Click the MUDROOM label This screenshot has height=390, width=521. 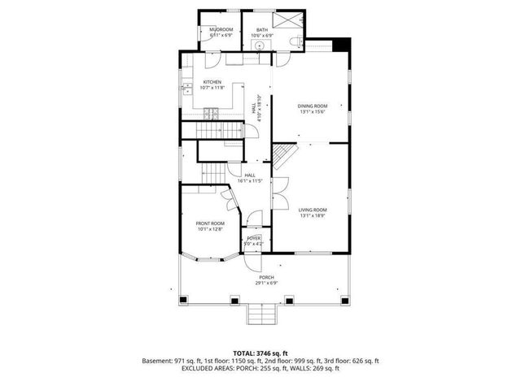click(221, 29)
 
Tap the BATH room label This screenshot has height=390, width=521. click(260, 29)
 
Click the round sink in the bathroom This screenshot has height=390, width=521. click(260, 46)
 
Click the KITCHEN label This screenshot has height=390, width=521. click(212, 82)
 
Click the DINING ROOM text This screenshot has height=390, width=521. click(312, 106)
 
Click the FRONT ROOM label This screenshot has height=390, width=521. click(209, 223)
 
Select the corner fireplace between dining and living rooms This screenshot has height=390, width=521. click(281, 152)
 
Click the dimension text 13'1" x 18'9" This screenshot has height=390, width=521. click(312, 214)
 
